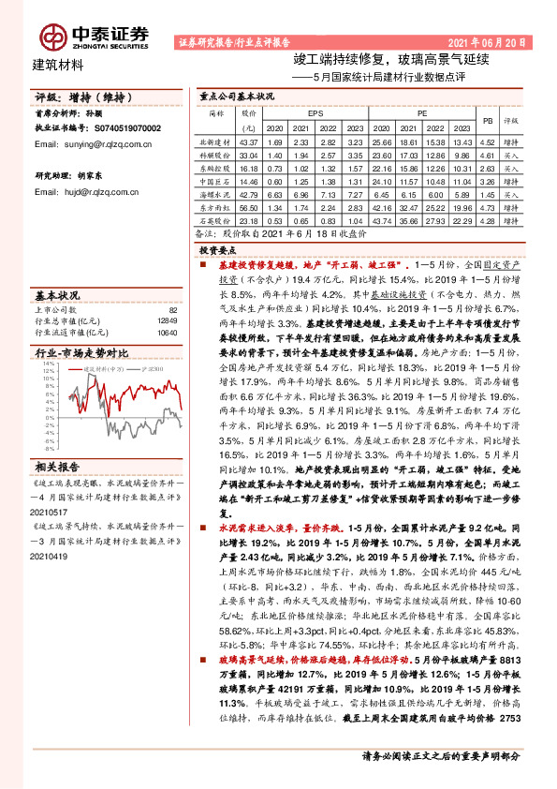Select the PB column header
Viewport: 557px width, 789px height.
coord(486,120)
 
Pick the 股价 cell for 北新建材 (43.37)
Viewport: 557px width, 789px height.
coord(248,141)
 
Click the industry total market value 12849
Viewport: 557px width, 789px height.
coord(168,320)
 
